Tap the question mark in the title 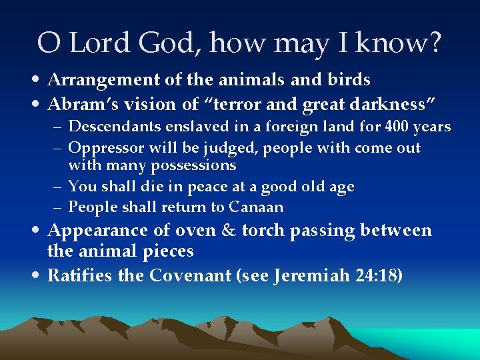point(434,43)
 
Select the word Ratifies point(80,275)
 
